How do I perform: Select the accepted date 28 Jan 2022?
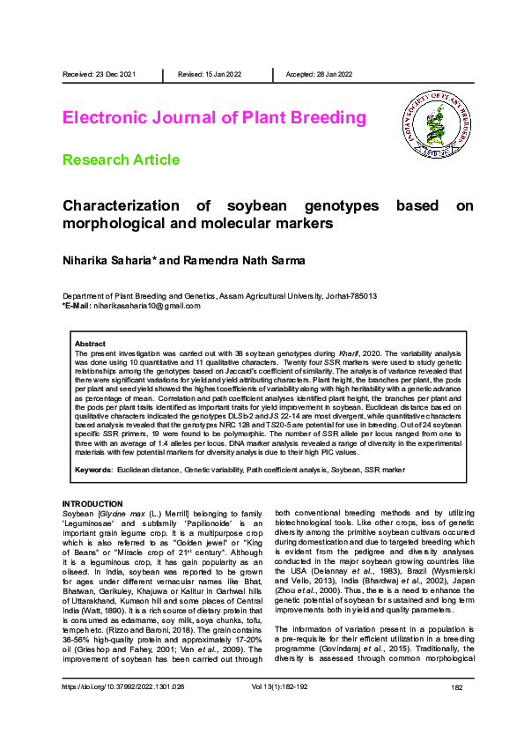point(336,74)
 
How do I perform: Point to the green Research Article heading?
point(121,160)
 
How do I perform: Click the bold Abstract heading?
point(90,344)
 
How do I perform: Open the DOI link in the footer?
point(122,710)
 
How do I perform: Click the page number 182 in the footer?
point(456,710)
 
